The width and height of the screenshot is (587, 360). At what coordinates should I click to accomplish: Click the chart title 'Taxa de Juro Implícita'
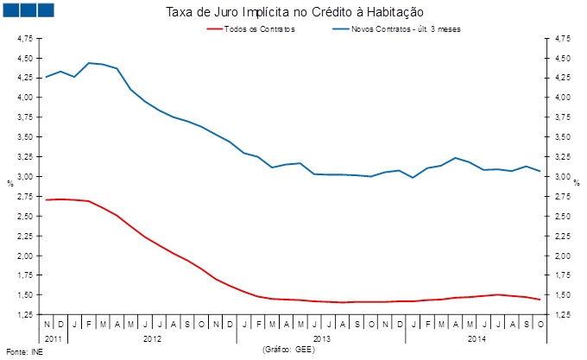(x=293, y=12)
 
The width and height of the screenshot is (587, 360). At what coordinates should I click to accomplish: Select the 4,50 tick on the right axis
(x=560, y=59)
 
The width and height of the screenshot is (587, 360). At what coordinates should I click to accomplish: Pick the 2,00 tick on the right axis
(x=560, y=256)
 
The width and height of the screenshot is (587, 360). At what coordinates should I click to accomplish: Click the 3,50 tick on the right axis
(x=560, y=137)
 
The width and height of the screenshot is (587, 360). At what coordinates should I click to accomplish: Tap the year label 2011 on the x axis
(x=54, y=338)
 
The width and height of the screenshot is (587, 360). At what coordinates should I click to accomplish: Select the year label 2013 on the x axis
(x=322, y=338)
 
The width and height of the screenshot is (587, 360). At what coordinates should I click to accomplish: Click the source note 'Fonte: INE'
(x=23, y=351)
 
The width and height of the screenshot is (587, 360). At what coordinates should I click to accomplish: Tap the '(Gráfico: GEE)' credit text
(x=287, y=350)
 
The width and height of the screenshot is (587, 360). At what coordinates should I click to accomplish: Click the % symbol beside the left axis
(x=10, y=183)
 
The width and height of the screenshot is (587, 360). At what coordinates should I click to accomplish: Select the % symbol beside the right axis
(x=576, y=183)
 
